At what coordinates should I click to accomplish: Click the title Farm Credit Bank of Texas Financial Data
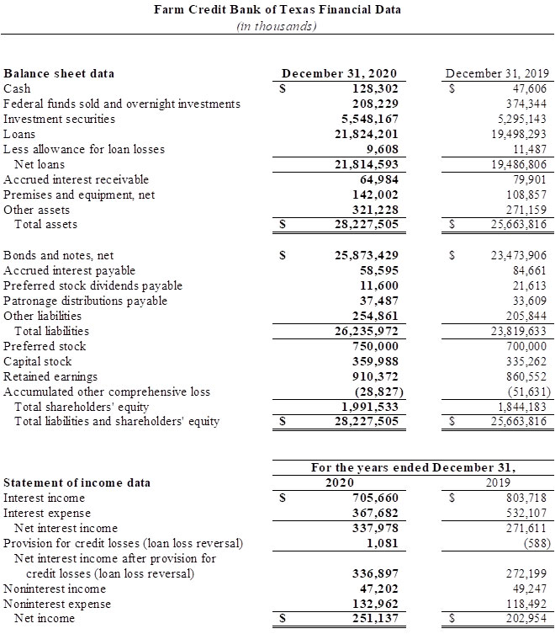click(x=277, y=10)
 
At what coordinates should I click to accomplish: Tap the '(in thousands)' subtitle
click(x=277, y=26)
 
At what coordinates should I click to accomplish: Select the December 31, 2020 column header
click(x=339, y=73)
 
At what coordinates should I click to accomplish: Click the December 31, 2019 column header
click(x=496, y=73)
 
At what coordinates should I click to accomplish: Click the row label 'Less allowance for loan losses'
click(x=84, y=149)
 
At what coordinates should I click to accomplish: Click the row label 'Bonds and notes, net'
click(x=59, y=255)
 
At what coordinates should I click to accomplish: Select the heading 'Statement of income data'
click(x=77, y=482)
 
